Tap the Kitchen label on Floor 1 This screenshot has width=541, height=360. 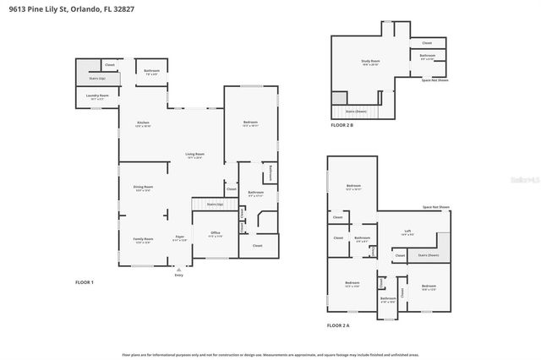pos(143,124)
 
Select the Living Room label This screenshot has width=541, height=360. pos(195,155)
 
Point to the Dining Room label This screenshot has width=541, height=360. pos(143,188)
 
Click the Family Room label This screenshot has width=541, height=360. pos(143,241)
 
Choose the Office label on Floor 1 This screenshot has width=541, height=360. pos(216,233)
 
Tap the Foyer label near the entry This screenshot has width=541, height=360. pos(179,238)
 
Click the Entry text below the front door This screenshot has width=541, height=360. pos(178,275)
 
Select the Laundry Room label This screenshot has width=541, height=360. pos(98,96)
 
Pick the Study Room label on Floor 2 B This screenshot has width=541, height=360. pos(369,62)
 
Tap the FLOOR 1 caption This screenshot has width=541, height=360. pos(85,282)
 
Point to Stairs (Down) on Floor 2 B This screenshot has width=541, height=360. pos(356,111)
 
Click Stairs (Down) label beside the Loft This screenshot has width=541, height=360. pos(428,254)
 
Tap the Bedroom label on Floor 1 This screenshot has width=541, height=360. pos(250,123)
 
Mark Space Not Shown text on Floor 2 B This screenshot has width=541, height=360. pos(436,79)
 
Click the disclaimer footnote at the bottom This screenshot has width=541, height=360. pos(270,356)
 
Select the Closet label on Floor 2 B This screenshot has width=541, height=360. pos(427,42)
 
